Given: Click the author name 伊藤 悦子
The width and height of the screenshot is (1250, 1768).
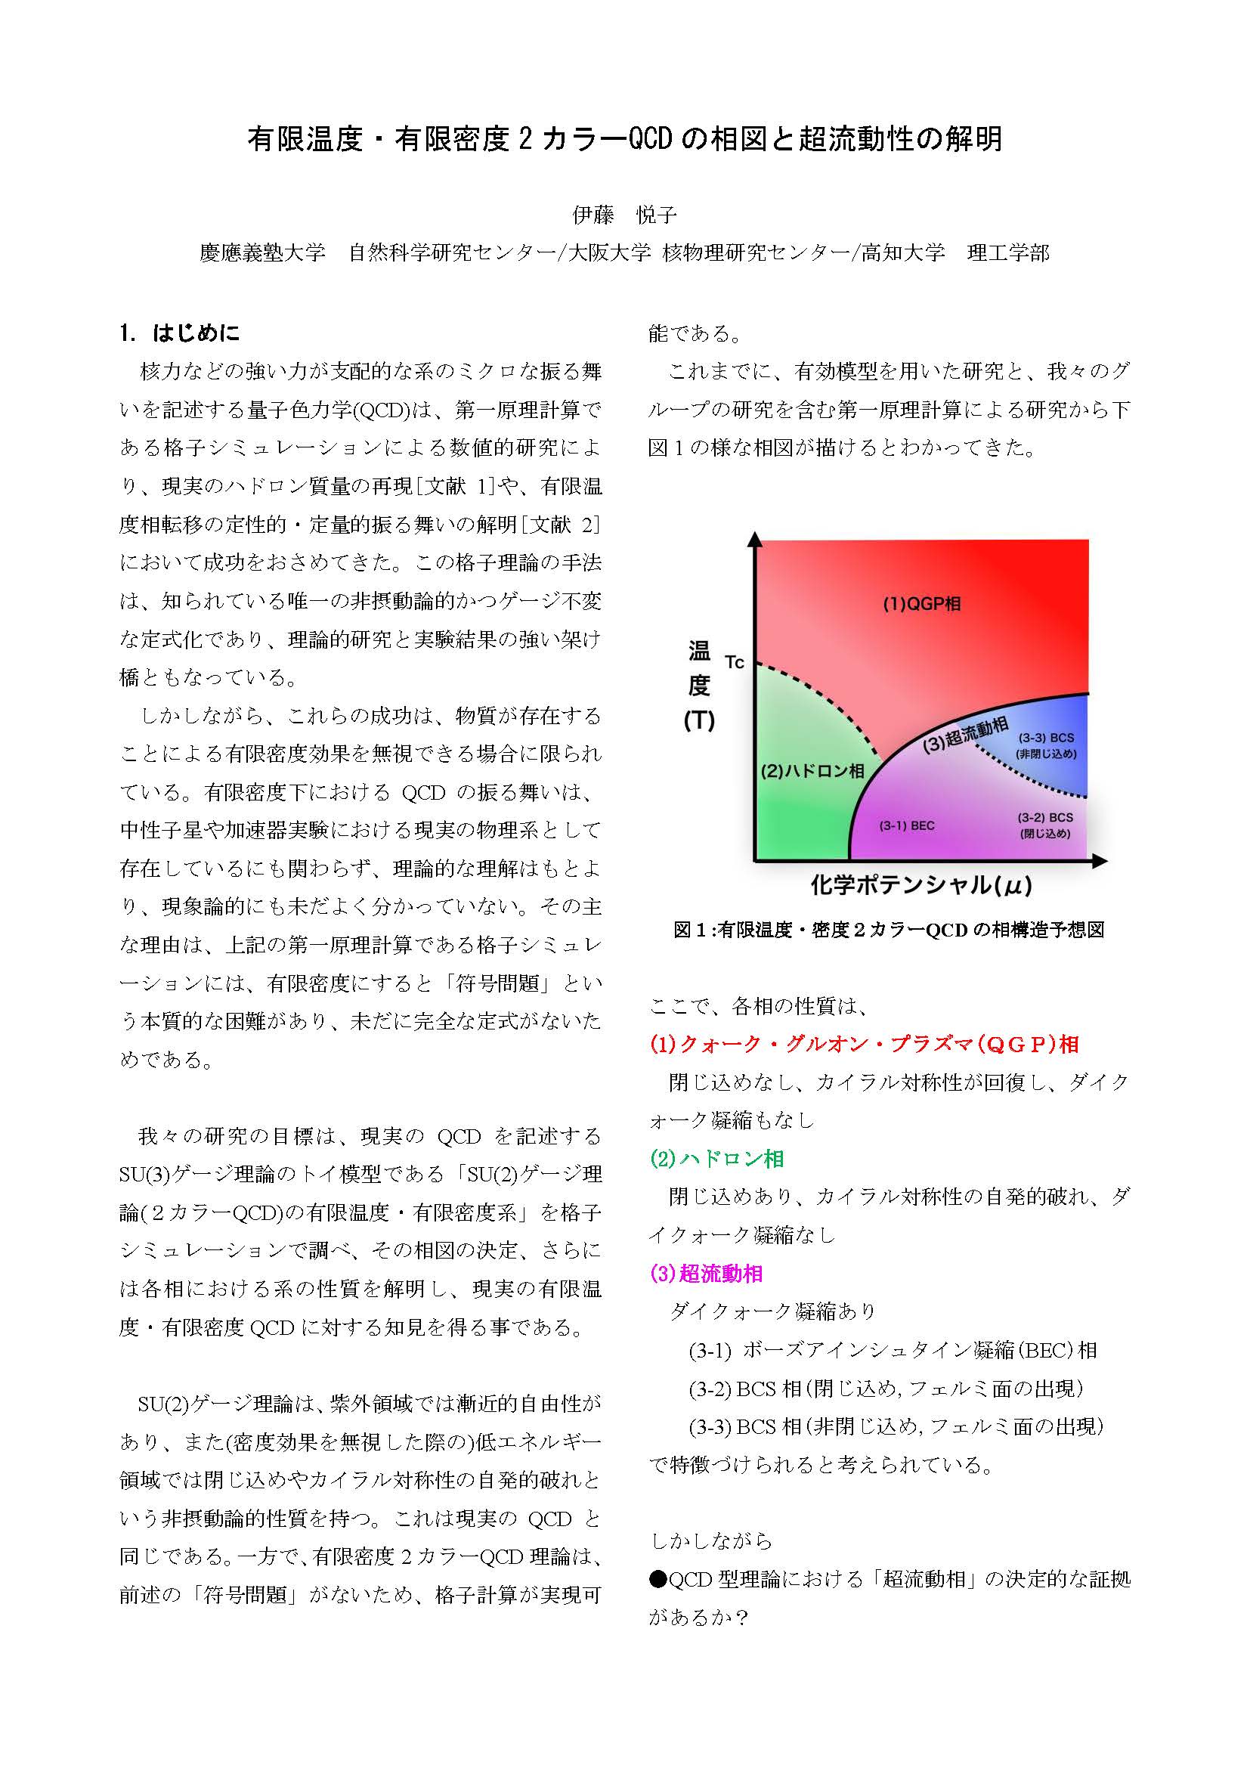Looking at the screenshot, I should (624, 215).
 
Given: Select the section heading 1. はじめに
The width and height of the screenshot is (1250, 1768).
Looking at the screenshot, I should (180, 333).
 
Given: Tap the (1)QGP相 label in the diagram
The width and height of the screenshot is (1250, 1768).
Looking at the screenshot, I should (921, 604).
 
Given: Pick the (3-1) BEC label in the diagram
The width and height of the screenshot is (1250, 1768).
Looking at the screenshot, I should (907, 825).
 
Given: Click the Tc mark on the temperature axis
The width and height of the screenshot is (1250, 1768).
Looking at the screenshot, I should (735, 662).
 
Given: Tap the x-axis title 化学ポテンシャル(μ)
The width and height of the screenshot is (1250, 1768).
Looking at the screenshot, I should (920, 886).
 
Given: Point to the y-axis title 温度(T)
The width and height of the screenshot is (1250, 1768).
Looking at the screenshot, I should (699, 686).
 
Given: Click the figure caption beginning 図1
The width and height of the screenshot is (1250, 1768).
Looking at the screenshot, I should (889, 930).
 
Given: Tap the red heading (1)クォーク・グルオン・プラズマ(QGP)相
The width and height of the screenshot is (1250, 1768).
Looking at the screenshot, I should (865, 1045).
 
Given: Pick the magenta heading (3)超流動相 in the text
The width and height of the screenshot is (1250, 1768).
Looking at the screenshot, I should (706, 1274).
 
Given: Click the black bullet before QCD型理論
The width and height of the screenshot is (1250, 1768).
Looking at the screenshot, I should (657, 1580).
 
